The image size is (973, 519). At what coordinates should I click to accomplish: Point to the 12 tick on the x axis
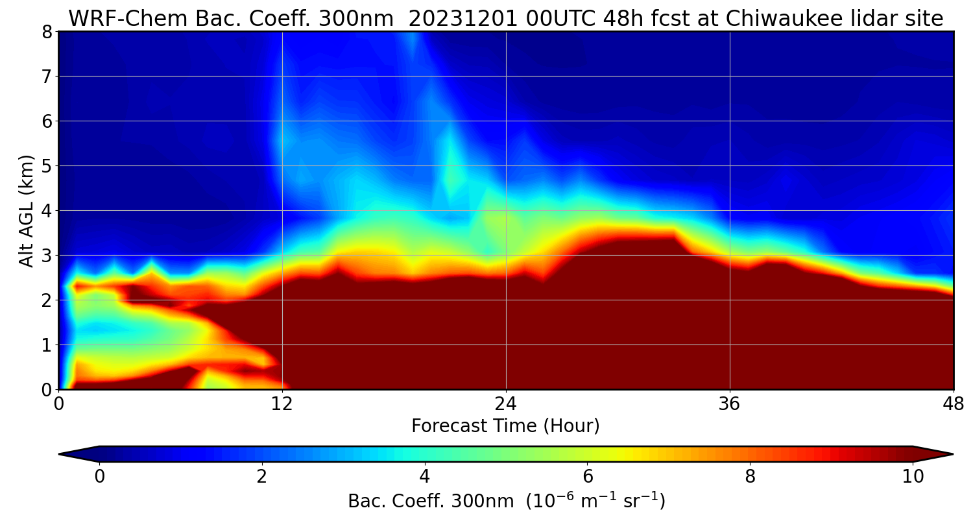282,403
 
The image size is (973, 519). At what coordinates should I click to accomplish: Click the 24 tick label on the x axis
506,403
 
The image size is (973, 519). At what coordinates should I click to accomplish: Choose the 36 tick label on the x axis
730,403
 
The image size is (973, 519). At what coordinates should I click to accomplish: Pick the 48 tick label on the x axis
953,403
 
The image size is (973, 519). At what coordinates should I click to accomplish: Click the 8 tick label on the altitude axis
47,32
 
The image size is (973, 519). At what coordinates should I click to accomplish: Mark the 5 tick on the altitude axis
47,166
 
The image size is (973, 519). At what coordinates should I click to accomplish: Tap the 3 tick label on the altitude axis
47,256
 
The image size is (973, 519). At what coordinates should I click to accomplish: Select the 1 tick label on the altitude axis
47,345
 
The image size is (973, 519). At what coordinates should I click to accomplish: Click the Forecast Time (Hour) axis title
505,426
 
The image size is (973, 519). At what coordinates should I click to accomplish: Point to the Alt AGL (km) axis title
27,210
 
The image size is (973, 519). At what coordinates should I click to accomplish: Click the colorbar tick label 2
262,477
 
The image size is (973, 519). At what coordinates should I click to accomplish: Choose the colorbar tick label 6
587,477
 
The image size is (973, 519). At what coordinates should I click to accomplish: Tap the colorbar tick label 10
913,477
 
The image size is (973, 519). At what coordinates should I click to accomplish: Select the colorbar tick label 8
750,477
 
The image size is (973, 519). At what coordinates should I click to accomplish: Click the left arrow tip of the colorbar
60,454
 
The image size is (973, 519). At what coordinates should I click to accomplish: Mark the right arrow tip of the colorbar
952,454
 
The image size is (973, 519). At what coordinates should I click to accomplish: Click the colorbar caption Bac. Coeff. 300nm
433,501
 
